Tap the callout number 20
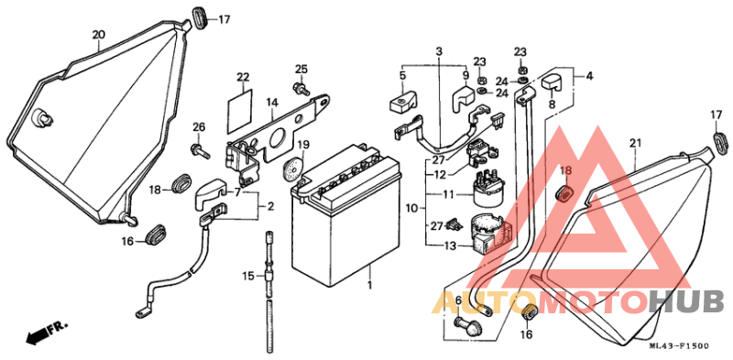point(99,36)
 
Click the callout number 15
point(247,276)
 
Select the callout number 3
point(439,50)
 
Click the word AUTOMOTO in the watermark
point(541,300)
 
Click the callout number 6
point(458,300)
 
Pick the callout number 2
point(271,207)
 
